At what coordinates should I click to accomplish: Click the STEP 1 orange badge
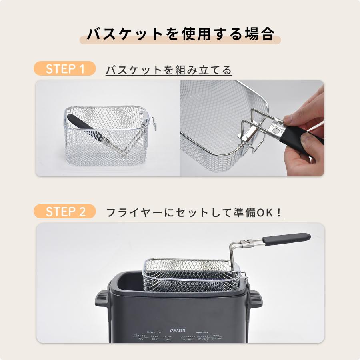[x=65, y=69]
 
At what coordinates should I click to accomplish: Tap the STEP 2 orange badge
[x=65, y=212]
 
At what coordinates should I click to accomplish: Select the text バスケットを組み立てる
[x=168, y=70]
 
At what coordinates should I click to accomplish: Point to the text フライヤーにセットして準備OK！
[x=195, y=212]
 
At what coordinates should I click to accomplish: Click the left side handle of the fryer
[x=102, y=298]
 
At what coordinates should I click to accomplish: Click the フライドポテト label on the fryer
[x=140, y=336]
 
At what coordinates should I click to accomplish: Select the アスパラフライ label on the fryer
[x=188, y=336]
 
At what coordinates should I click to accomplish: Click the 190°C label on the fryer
[x=155, y=339]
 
